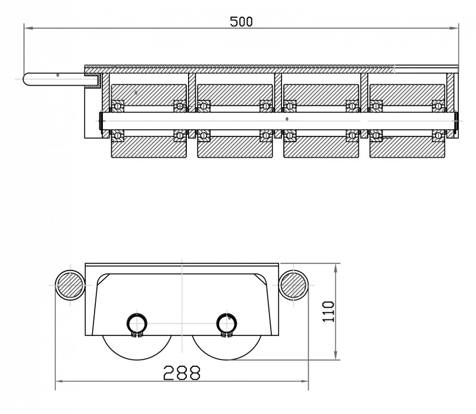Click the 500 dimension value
click(241, 21)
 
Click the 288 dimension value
click(181, 373)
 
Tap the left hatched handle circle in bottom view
click(69, 285)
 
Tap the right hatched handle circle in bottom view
click(293, 285)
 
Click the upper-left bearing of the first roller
click(118, 106)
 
